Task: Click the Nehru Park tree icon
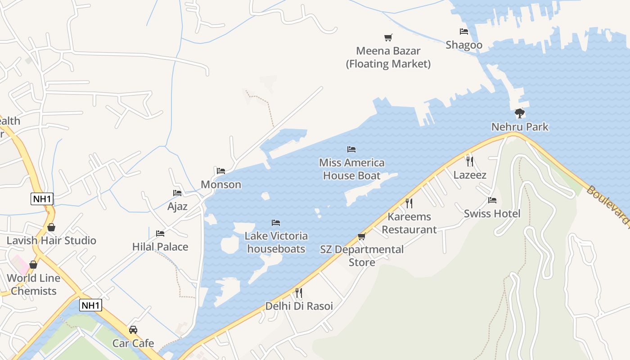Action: [520, 113]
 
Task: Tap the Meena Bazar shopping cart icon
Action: [388, 37]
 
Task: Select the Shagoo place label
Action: [464, 45]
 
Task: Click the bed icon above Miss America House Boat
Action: [351, 149]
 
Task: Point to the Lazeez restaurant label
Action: [470, 175]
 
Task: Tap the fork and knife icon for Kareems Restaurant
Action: [409, 203]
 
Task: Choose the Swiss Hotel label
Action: [492, 213]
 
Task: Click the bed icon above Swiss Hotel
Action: [492, 200]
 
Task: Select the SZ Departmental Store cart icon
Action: [361, 236]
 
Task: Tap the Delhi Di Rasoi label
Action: [299, 306]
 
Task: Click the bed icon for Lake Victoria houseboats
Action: [276, 222]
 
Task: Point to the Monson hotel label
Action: [221, 184]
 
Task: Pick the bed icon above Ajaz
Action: [177, 193]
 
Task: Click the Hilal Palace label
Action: [160, 247]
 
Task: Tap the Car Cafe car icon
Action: [133, 330]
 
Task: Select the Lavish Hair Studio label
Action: [51, 240]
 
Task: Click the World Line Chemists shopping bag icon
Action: [33, 265]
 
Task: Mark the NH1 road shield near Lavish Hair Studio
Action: [42, 198]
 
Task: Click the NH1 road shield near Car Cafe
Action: [91, 305]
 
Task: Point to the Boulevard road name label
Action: [607, 205]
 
